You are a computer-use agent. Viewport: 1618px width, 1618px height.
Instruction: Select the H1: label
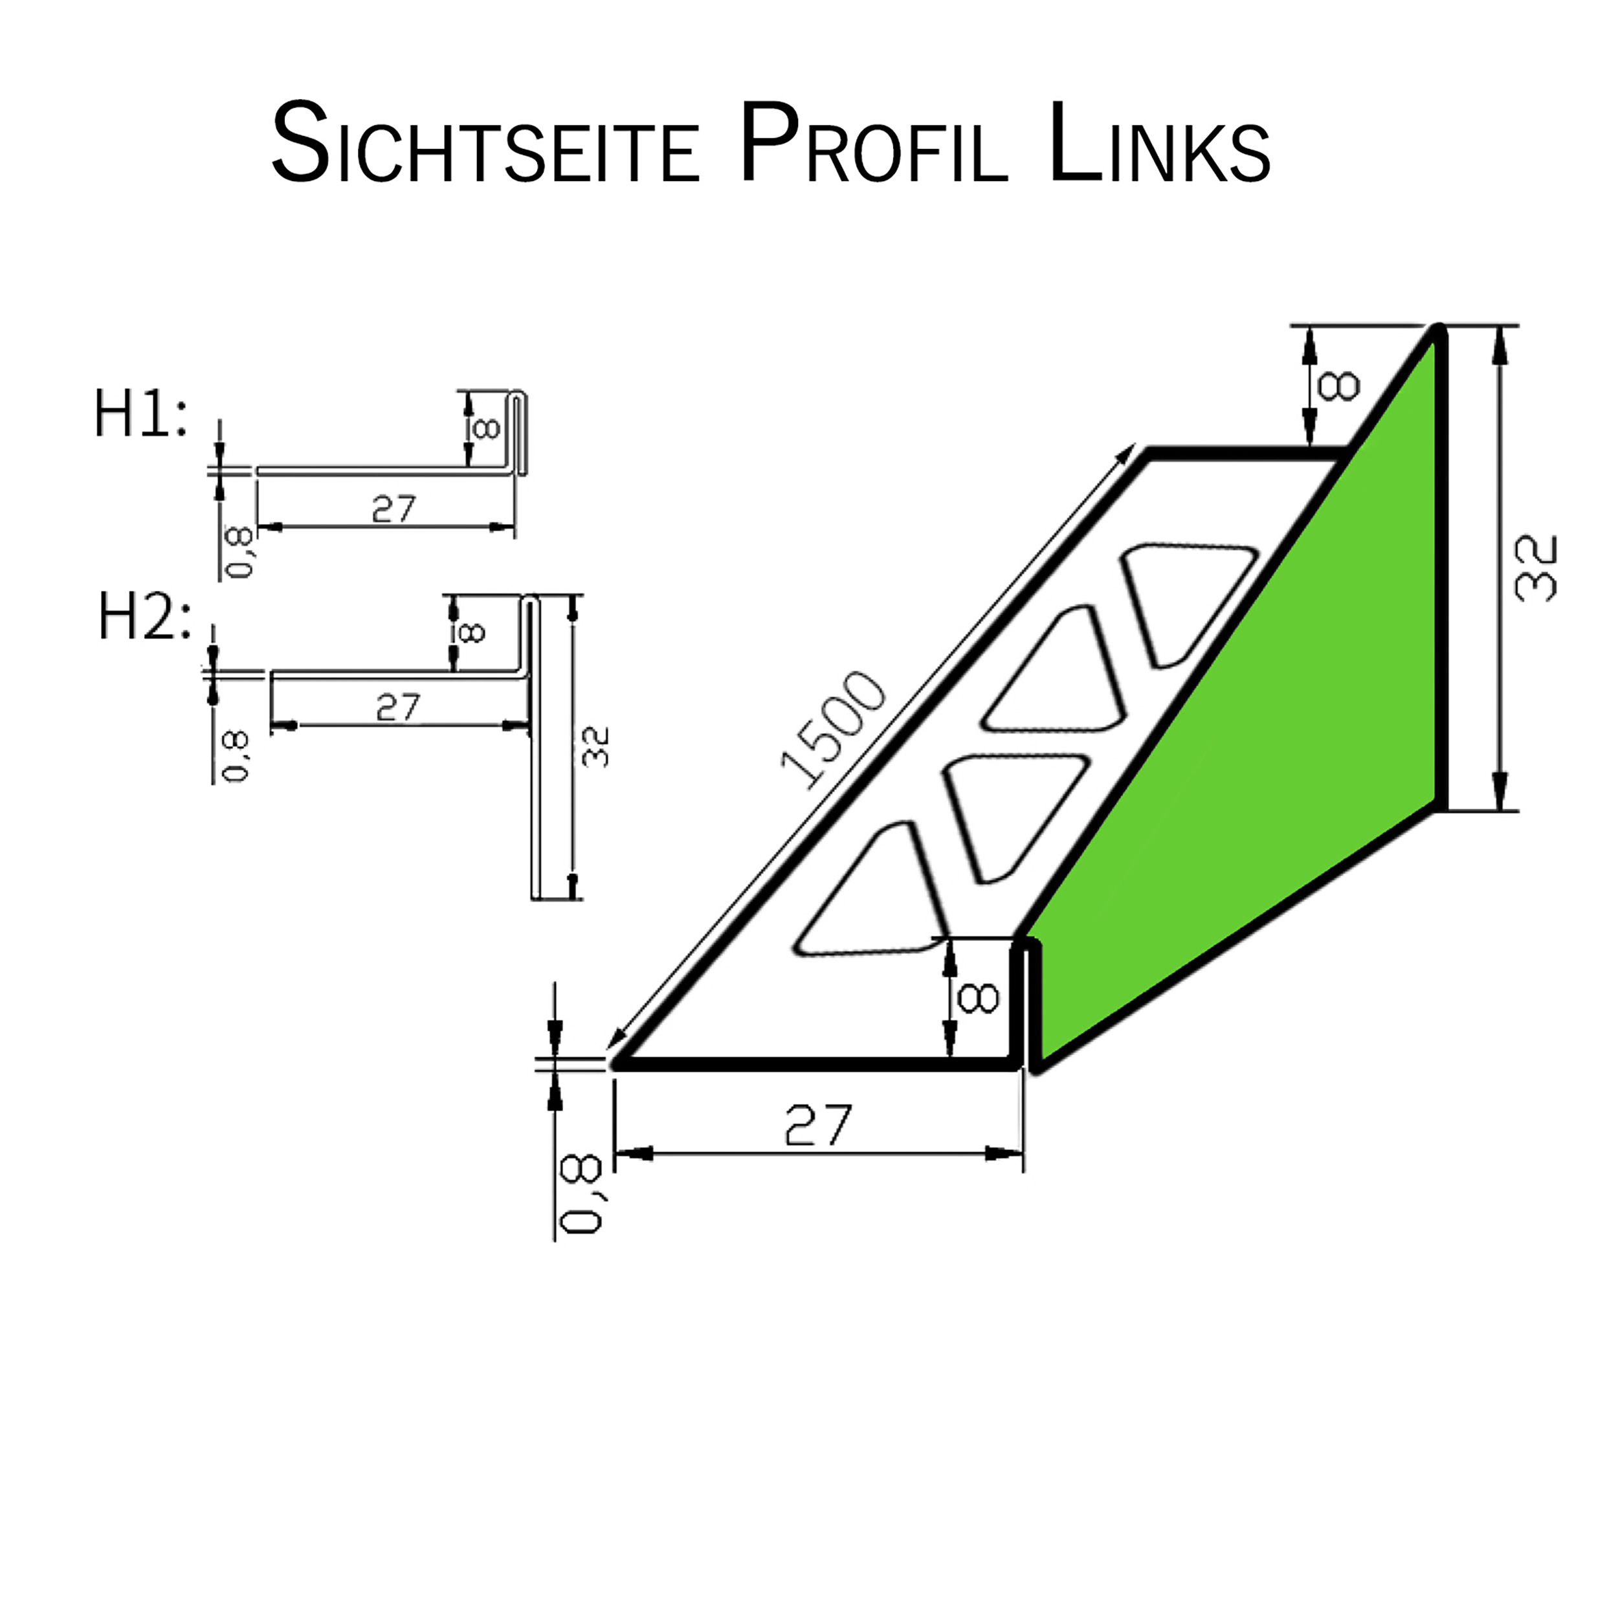(x=140, y=415)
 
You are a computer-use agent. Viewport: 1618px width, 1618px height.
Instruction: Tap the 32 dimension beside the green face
(x=1536, y=569)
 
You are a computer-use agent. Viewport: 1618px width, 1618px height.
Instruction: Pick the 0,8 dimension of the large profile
(x=581, y=1194)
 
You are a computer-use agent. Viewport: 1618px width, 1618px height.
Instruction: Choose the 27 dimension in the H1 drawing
(x=393, y=508)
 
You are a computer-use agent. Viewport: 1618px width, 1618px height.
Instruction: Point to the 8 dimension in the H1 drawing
(x=486, y=429)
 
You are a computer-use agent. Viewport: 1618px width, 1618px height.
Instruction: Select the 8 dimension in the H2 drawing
(x=472, y=632)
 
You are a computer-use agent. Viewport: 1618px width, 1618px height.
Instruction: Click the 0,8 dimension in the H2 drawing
(x=237, y=756)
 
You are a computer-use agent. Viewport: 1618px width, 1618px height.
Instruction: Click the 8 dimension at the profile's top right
(x=1338, y=386)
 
